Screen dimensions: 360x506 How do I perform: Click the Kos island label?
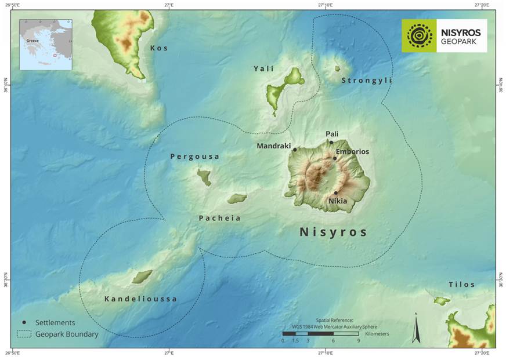pyautogui.click(x=159, y=48)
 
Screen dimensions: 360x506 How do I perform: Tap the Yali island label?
pyautogui.click(x=263, y=69)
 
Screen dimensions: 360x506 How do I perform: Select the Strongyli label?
pyautogui.click(x=366, y=81)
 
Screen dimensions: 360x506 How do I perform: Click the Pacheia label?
pyautogui.click(x=219, y=219)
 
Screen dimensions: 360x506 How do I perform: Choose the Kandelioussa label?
pyautogui.click(x=140, y=299)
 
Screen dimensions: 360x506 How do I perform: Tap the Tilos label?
pyautogui.click(x=461, y=285)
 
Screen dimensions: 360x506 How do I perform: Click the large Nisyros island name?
pyautogui.click(x=333, y=232)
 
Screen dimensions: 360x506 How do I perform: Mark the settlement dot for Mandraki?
pyautogui.click(x=295, y=150)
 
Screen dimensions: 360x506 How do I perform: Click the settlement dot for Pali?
pyautogui.click(x=331, y=142)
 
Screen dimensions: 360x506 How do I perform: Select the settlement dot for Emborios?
pyautogui.click(x=335, y=158)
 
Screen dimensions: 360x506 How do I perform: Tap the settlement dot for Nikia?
pyautogui.click(x=336, y=193)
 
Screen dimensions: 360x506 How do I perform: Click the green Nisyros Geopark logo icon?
pyautogui.click(x=419, y=36)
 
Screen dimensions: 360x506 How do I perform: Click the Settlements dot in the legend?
pyautogui.click(x=24, y=322)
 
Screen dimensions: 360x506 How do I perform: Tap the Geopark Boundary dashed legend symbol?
pyautogui.click(x=24, y=334)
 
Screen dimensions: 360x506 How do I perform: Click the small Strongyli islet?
pyautogui.click(x=337, y=68)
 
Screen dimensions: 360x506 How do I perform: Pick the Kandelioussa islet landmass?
pyautogui.click(x=142, y=277)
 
